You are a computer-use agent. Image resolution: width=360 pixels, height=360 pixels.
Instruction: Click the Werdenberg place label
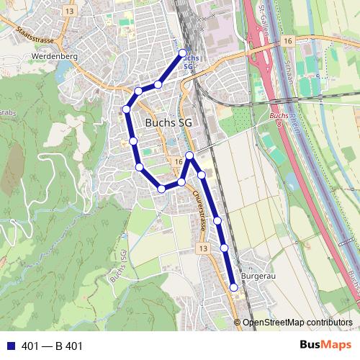pos(50,55)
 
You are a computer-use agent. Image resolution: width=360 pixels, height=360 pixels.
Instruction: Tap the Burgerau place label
pos(258,276)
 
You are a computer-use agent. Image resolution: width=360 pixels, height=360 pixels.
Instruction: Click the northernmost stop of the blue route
pos(182,53)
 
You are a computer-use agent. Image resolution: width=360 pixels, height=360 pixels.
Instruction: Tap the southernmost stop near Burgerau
pos(233,287)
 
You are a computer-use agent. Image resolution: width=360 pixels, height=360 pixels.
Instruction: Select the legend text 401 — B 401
pos(53,346)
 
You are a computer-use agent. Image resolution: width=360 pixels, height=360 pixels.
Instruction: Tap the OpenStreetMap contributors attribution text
pos(297,323)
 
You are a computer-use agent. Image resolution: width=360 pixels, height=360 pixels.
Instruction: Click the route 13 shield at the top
pos(69,12)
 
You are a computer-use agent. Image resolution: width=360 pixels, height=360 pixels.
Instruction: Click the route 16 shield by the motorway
pos(288,42)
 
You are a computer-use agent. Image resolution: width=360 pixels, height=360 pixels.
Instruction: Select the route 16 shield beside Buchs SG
pos(177,162)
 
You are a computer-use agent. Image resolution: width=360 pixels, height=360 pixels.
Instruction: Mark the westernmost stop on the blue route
pos(126,109)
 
